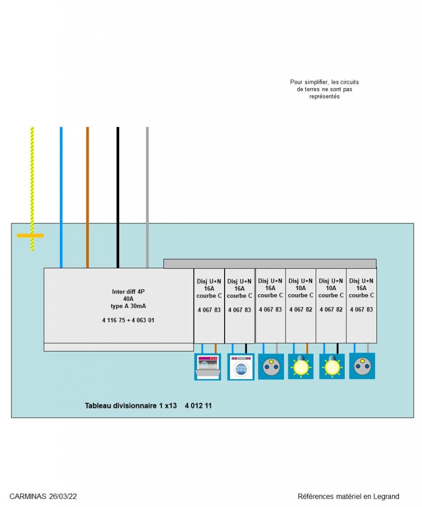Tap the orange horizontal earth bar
click(x=30, y=236)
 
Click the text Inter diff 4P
click(x=128, y=291)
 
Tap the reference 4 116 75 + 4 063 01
click(x=128, y=320)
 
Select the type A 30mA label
click(x=128, y=306)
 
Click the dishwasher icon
click(x=207, y=367)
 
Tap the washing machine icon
click(x=240, y=367)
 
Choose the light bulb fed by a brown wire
click(x=301, y=366)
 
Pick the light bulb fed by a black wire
click(x=331, y=366)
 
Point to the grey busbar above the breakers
click(x=270, y=263)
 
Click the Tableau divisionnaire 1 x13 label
click(x=131, y=406)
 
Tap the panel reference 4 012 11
click(x=198, y=406)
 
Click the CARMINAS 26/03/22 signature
click(x=43, y=496)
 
